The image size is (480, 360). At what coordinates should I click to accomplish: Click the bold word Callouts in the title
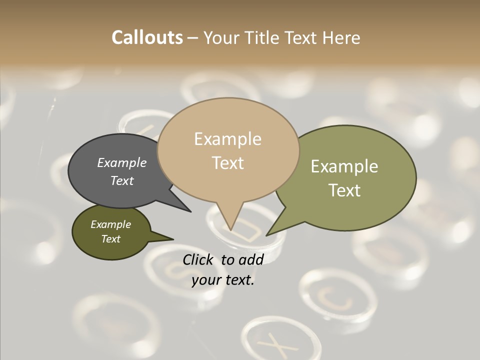147,37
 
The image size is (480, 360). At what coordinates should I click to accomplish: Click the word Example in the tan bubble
227,139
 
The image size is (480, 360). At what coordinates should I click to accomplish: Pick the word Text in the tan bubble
227,163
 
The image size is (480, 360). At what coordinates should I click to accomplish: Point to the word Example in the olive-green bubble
344,166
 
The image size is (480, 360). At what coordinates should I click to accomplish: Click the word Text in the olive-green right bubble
344,190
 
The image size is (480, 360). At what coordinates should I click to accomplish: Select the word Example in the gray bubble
121,163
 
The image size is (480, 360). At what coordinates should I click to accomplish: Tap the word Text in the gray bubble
121,180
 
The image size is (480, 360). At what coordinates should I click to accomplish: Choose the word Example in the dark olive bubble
110,224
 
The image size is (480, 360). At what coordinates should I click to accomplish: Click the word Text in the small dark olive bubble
110,239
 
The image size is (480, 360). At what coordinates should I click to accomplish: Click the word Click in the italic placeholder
198,259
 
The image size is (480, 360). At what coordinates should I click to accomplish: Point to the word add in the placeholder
251,259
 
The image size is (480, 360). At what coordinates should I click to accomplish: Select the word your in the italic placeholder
206,280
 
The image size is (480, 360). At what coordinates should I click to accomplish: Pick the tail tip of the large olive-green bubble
268,233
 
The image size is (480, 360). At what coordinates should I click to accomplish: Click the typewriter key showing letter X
277,342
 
